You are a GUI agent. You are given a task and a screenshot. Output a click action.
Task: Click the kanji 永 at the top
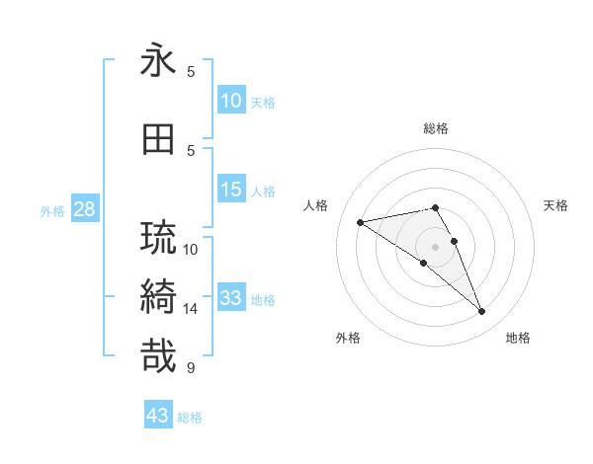pyautogui.click(x=158, y=61)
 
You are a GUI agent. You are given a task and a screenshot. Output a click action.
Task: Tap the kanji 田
pyautogui.click(x=158, y=140)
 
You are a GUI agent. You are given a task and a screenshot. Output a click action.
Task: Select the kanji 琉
pyautogui.click(x=158, y=238)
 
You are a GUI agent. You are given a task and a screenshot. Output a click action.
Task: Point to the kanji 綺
pyautogui.click(x=158, y=296)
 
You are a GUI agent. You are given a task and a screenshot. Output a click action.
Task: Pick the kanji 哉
pyautogui.click(x=158, y=355)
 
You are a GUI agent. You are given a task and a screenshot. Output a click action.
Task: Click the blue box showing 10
pyautogui.click(x=231, y=101)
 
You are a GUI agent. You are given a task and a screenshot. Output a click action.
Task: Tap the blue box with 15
pyautogui.click(x=231, y=190)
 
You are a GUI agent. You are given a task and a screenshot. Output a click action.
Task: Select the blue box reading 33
pyautogui.click(x=231, y=298)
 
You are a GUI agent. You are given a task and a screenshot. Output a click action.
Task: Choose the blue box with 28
pyautogui.click(x=84, y=209)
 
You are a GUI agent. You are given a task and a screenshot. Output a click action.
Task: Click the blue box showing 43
pyautogui.click(x=158, y=416)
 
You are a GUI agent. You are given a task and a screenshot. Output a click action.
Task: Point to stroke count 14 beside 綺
pyautogui.click(x=191, y=309)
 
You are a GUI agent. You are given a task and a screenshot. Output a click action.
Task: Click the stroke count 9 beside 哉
pyautogui.click(x=191, y=368)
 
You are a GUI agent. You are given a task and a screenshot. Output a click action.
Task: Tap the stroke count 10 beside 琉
pyautogui.click(x=191, y=250)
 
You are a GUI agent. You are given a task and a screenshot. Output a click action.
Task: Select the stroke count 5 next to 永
pyautogui.click(x=191, y=72)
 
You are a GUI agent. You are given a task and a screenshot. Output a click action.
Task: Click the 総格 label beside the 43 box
pyautogui.click(x=191, y=418)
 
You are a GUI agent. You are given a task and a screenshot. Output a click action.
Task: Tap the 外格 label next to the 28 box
pyautogui.click(x=52, y=211)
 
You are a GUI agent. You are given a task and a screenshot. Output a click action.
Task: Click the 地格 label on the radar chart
pyautogui.click(x=518, y=338)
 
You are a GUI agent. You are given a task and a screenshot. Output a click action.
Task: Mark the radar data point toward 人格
pyautogui.click(x=361, y=222)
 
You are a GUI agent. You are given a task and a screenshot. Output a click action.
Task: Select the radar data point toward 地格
pyautogui.click(x=482, y=312)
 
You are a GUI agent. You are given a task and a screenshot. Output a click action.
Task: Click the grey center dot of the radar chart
pyautogui.click(x=435, y=246)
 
